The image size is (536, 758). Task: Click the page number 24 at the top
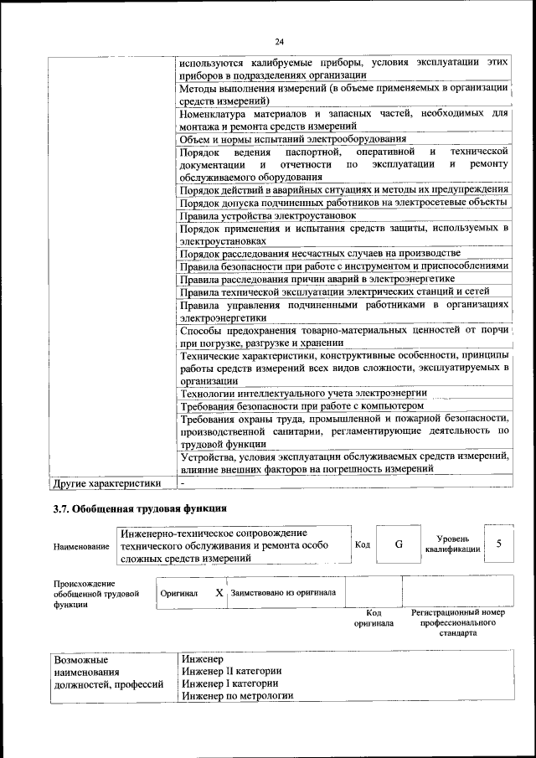pos(279,42)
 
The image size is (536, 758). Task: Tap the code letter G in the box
pos(399,544)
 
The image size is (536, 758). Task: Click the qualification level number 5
pos(499,544)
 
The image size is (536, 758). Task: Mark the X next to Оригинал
pos(219,593)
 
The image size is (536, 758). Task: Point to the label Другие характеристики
pos(106,483)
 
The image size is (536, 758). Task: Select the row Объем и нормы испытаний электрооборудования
pos(293,139)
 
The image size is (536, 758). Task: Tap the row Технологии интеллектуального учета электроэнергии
pos(303,392)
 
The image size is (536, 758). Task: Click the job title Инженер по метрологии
pos(238,696)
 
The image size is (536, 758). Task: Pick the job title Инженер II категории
pos(231,671)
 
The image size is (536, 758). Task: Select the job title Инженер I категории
pos(229,683)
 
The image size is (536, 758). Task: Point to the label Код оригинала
pos(374,618)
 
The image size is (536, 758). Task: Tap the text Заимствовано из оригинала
pos(283,593)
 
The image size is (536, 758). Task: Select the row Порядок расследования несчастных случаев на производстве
pos(320,253)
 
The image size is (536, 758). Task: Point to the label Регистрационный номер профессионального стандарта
pos(459,623)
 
